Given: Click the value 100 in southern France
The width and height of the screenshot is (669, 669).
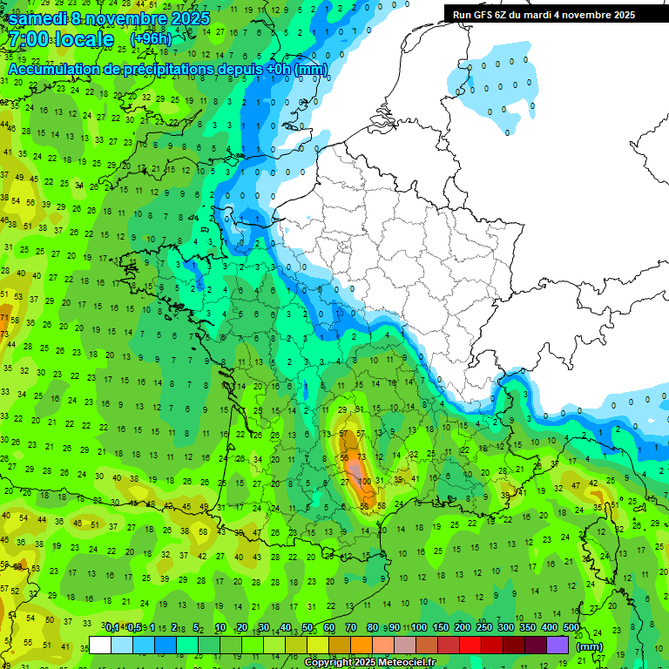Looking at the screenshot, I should (x=365, y=481).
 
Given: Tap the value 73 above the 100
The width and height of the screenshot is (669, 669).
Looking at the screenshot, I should (x=362, y=457).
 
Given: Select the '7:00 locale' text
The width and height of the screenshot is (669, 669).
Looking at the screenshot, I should (x=60, y=40).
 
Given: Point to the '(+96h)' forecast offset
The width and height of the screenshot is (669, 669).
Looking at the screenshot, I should (x=151, y=40).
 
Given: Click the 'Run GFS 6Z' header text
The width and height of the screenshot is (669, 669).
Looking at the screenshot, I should (x=483, y=15).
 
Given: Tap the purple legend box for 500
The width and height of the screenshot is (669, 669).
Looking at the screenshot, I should (x=557, y=645).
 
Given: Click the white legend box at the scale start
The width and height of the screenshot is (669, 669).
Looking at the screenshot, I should (x=100, y=645).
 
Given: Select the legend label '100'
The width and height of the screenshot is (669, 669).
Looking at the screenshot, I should (x=419, y=628).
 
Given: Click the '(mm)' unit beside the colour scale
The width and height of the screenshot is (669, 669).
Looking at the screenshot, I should (x=590, y=646).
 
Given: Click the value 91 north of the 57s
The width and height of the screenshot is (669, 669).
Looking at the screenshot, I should (x=359, y=409).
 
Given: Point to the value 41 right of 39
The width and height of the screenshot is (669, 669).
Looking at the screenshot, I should (x=415, y=479).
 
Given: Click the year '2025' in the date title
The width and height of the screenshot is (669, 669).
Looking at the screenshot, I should (x=190, y=18).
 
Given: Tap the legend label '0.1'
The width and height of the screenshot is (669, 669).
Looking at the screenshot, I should (x=112, y=628).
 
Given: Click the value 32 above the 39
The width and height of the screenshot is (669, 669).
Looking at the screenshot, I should (x=414, y=454).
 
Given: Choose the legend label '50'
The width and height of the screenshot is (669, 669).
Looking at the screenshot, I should (x=308, y=628).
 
